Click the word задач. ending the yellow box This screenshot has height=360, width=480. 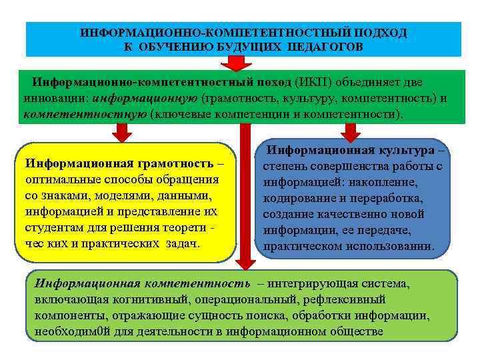(178, 245)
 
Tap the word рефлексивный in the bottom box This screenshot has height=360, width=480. (346, 299)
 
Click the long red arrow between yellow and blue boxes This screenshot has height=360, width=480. (246, 200)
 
